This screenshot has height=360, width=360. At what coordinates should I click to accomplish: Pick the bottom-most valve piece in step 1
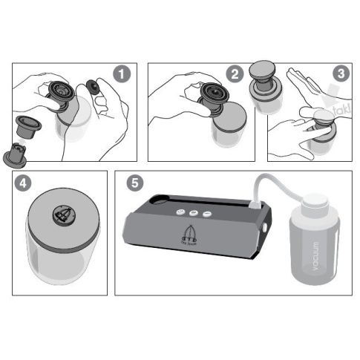[19, 152]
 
